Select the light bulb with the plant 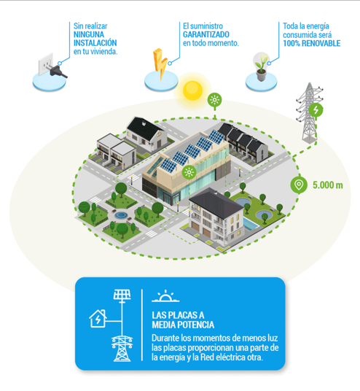(261, 66)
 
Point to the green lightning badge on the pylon (316, 109)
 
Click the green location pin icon (299, 185)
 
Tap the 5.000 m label (328, 185)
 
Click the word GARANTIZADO (206, 34)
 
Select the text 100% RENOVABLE (311, 43)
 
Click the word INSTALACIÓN (95, 43)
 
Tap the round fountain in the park (121, 214)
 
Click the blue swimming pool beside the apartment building (251, 224)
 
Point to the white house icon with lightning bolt (98, 319)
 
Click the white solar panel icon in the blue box (122, 295)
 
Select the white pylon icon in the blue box (122, 349)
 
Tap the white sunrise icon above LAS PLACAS (165, 296)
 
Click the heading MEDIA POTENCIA (183, 325)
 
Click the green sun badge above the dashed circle (215, 100)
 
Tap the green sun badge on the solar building (189, 172)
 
